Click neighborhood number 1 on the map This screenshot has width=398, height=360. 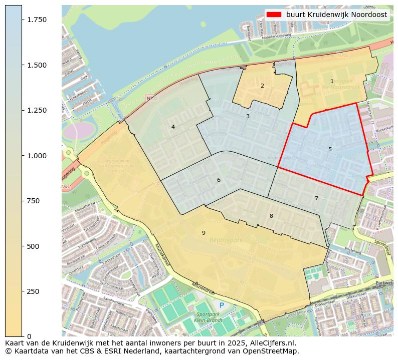(x=332, y=81)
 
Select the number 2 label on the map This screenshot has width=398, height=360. (x=262, y=86)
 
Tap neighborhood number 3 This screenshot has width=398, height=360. (x=248, y=116)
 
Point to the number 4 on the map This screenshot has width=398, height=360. (x=173, y=127)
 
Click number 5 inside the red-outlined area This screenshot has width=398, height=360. (x=330, y=149)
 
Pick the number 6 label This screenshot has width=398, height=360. (x=219, y=180)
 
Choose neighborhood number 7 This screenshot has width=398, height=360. (x=316, y=198)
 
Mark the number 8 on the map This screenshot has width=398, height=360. (x=271, y=216)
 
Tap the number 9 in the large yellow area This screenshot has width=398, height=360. (x=204, y=233)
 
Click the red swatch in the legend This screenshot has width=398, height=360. (x=274, y=15)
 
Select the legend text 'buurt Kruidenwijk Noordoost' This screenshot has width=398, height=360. (x=336, y=15)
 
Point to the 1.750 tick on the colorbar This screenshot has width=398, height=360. (x=36, y=20)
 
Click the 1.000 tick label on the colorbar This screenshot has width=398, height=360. (x=36, y=156)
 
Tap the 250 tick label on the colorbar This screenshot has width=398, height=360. (x=33, y=291)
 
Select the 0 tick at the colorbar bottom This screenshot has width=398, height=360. (x=29, y=336)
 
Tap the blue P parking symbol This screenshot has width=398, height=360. (x=222, y=305)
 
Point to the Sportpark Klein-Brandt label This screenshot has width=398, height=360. (x=210, y=316)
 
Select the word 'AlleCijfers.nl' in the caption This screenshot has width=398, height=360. (x=273, y=343)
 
